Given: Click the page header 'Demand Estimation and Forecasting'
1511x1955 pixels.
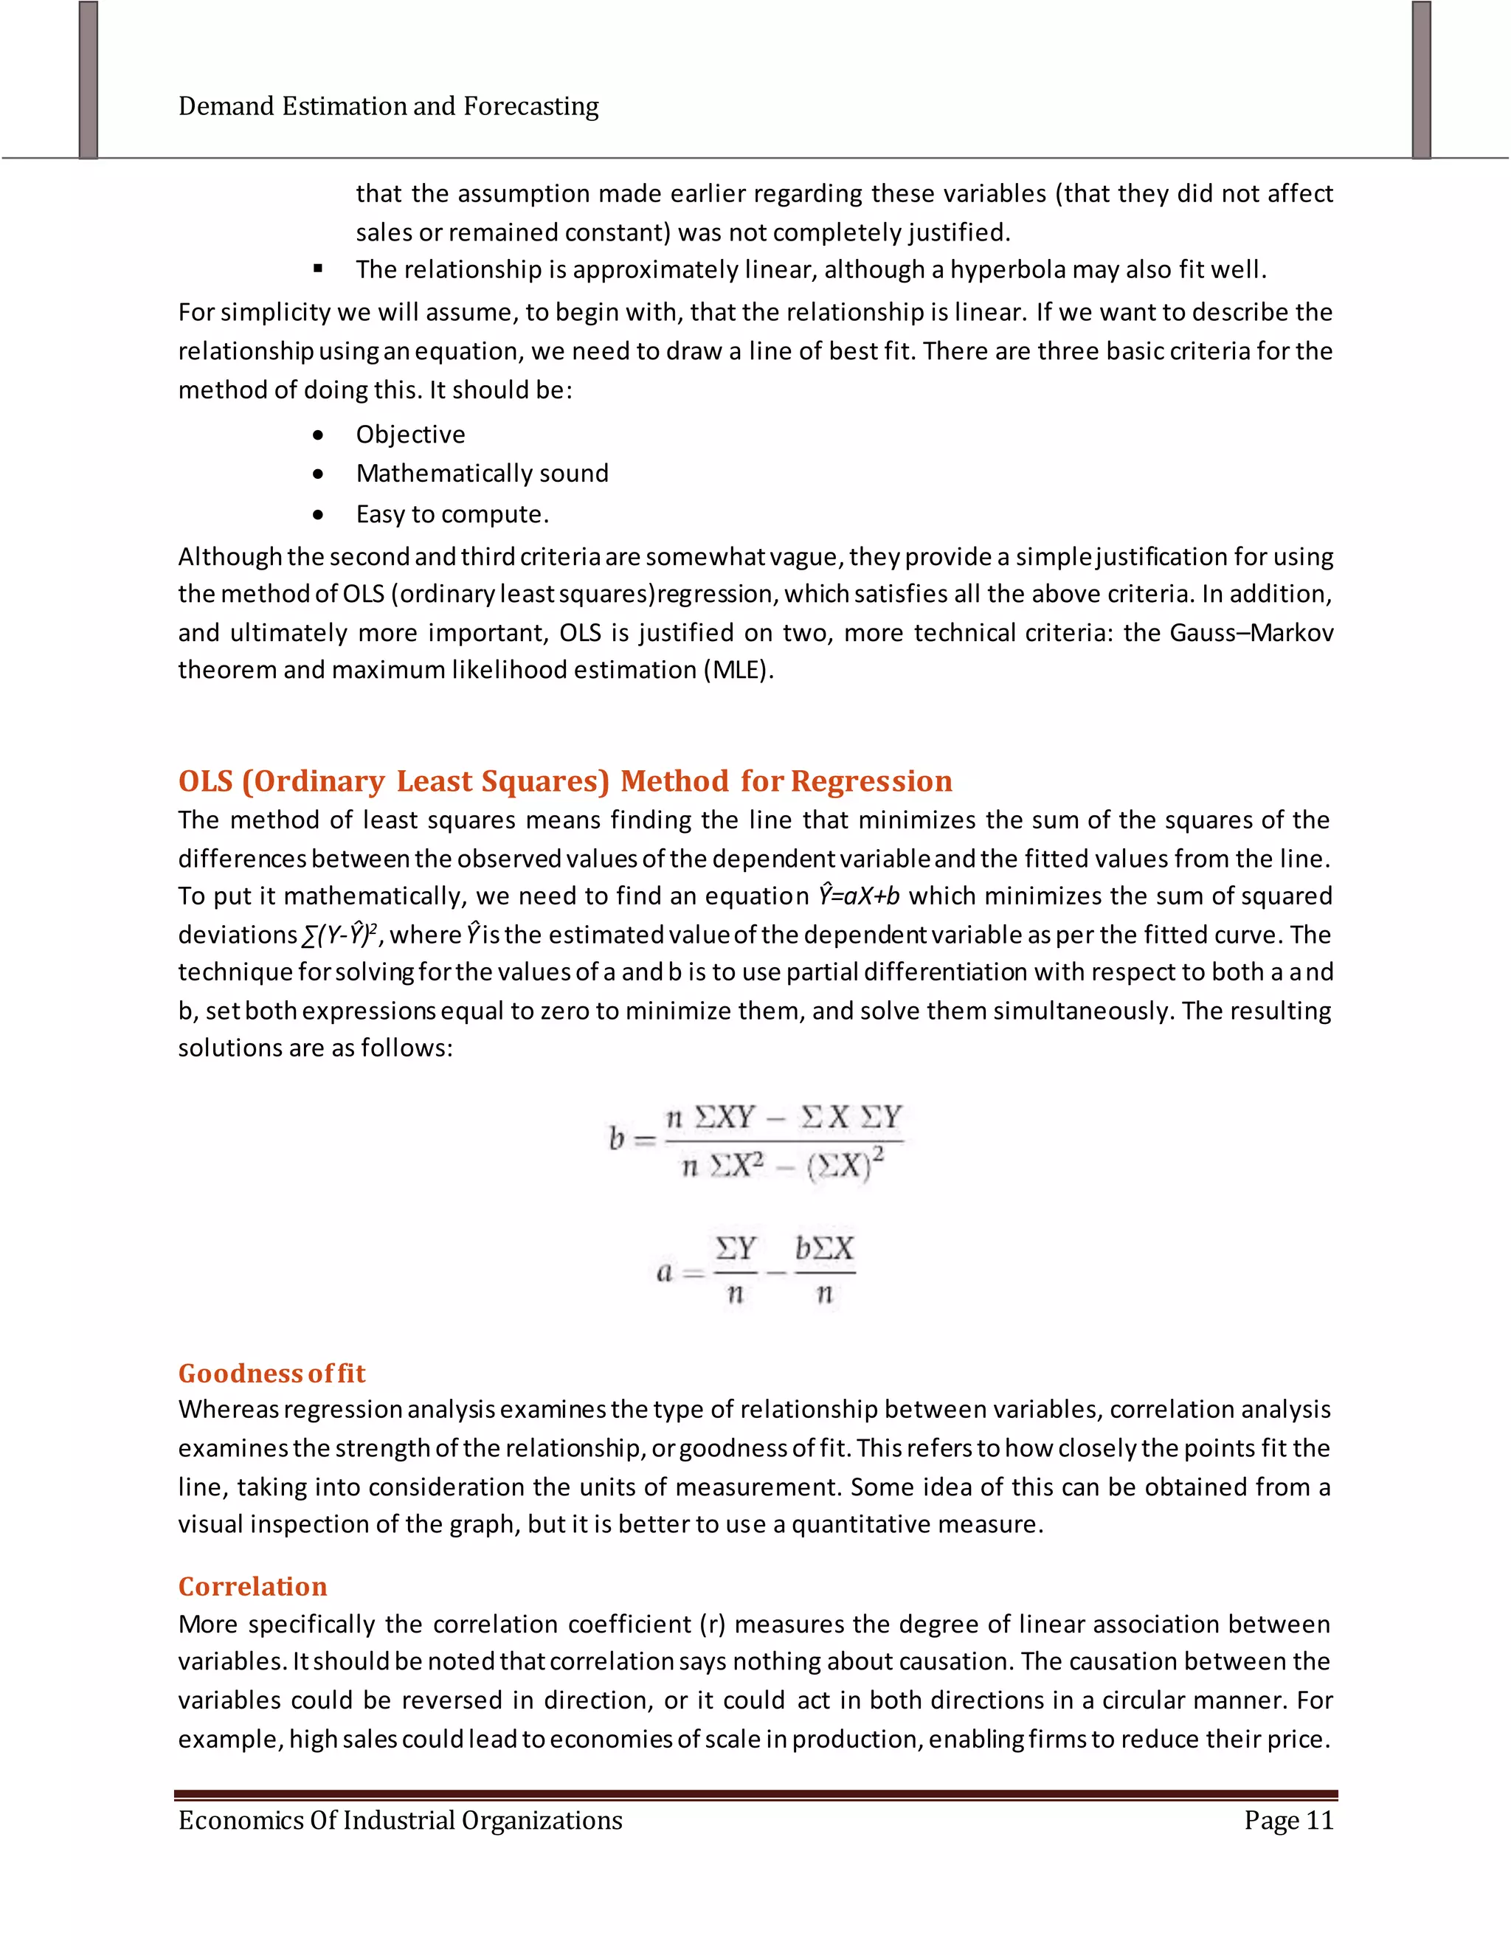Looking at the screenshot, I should (x=389, y=106).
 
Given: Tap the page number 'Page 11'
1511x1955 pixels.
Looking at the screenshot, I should (x=1288, y=1820).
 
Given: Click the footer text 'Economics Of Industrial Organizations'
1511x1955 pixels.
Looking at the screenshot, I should (x=400, y=1820).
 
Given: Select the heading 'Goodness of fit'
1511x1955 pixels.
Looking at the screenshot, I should (x=272, y=1373).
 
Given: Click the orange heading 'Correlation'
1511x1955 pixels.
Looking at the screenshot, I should (x=252, y=1586).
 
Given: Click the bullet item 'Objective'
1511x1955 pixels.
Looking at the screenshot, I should (x=410, y=435).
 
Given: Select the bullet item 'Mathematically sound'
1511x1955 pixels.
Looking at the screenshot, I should (x=482, y=474).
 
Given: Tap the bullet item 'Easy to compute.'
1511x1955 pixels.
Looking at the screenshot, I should (x=452, y=515).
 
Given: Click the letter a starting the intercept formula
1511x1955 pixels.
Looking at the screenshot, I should (x=664, y=1272).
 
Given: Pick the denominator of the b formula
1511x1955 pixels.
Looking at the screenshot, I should (x=782, y=1166).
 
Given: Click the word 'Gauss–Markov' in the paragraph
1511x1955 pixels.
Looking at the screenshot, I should (x=1251, y=633).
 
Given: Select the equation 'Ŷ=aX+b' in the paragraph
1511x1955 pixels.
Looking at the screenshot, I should (x=859, y=896).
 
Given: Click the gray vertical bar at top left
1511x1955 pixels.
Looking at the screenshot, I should (x=88, y=80).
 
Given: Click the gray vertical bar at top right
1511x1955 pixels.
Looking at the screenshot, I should (x=1422, y=80).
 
